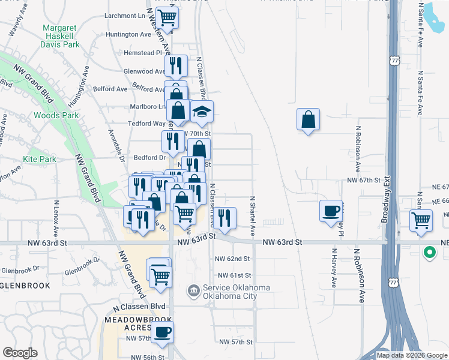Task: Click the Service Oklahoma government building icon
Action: point(193,292)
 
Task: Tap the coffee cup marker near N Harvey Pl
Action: point(331,211)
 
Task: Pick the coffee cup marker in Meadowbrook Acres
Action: point(162,331)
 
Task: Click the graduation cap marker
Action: point(202,112)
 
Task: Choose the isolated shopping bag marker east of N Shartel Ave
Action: point(308,119)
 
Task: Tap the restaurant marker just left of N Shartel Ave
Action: point(224,218)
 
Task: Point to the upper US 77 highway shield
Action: point(394,61)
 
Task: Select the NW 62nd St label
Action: point(232,259)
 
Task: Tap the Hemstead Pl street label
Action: point(143,53)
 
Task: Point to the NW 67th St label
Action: point(364,180)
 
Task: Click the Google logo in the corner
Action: point(20,353)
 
